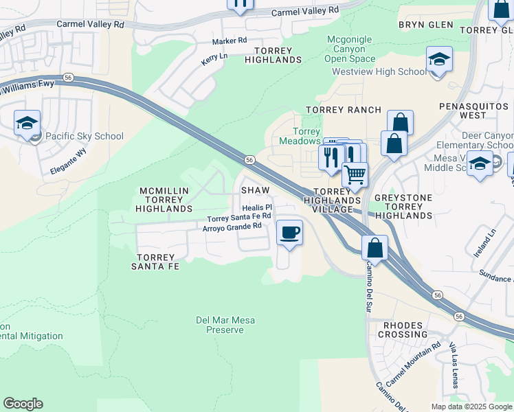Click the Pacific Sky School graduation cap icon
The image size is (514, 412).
point(27,124)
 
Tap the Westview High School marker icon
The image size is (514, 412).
point(439,60)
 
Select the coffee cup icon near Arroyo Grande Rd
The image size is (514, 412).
point(289,232)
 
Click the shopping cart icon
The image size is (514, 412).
point(355,175)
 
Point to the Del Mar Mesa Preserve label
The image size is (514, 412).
point(225,325)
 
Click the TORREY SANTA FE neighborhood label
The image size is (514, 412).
point(155,261)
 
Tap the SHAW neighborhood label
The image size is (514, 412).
point(254,189)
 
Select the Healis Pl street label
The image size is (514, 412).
point(258,207)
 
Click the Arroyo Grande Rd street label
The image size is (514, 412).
point(232,226)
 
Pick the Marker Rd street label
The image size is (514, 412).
point(229,41)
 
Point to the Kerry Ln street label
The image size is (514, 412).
point(213,60)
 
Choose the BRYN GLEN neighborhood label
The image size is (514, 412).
point(426,25)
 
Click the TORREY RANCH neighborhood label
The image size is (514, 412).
point(344,110)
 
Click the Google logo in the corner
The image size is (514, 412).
point(23,404)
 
